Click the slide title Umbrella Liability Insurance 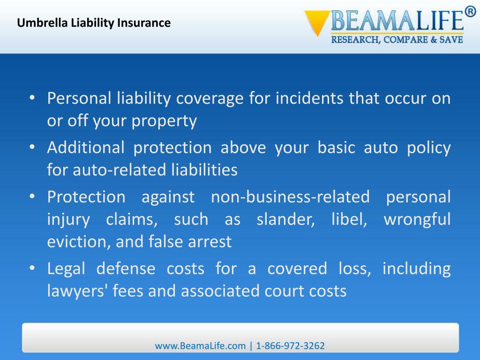tap(94, 22)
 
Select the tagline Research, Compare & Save tap(397, 40)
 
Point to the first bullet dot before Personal tap(31, 98)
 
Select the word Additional tap(86, 147)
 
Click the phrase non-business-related tap(290, 196)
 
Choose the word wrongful tap(417, 219)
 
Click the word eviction tap(79, 241)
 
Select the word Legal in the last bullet tap(66, 269)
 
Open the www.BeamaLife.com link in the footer tap(200, 346)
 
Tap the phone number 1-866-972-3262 tap(291, 346)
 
